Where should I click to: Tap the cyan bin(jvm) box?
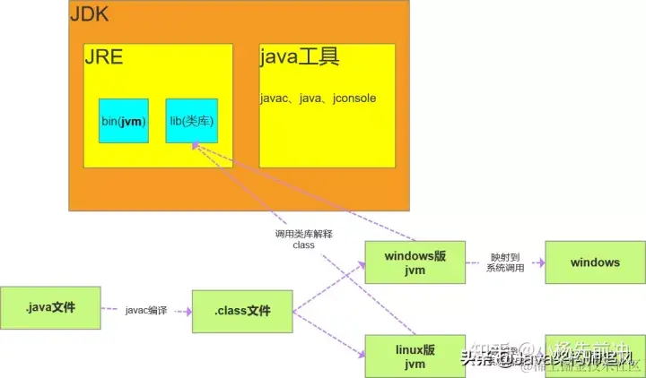123,120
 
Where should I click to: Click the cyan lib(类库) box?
191,120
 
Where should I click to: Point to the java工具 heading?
300,58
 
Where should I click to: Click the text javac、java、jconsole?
318,97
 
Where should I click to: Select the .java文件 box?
50,309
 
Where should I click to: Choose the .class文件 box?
242,312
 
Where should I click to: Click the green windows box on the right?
595,263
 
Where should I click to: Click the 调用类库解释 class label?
303,239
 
